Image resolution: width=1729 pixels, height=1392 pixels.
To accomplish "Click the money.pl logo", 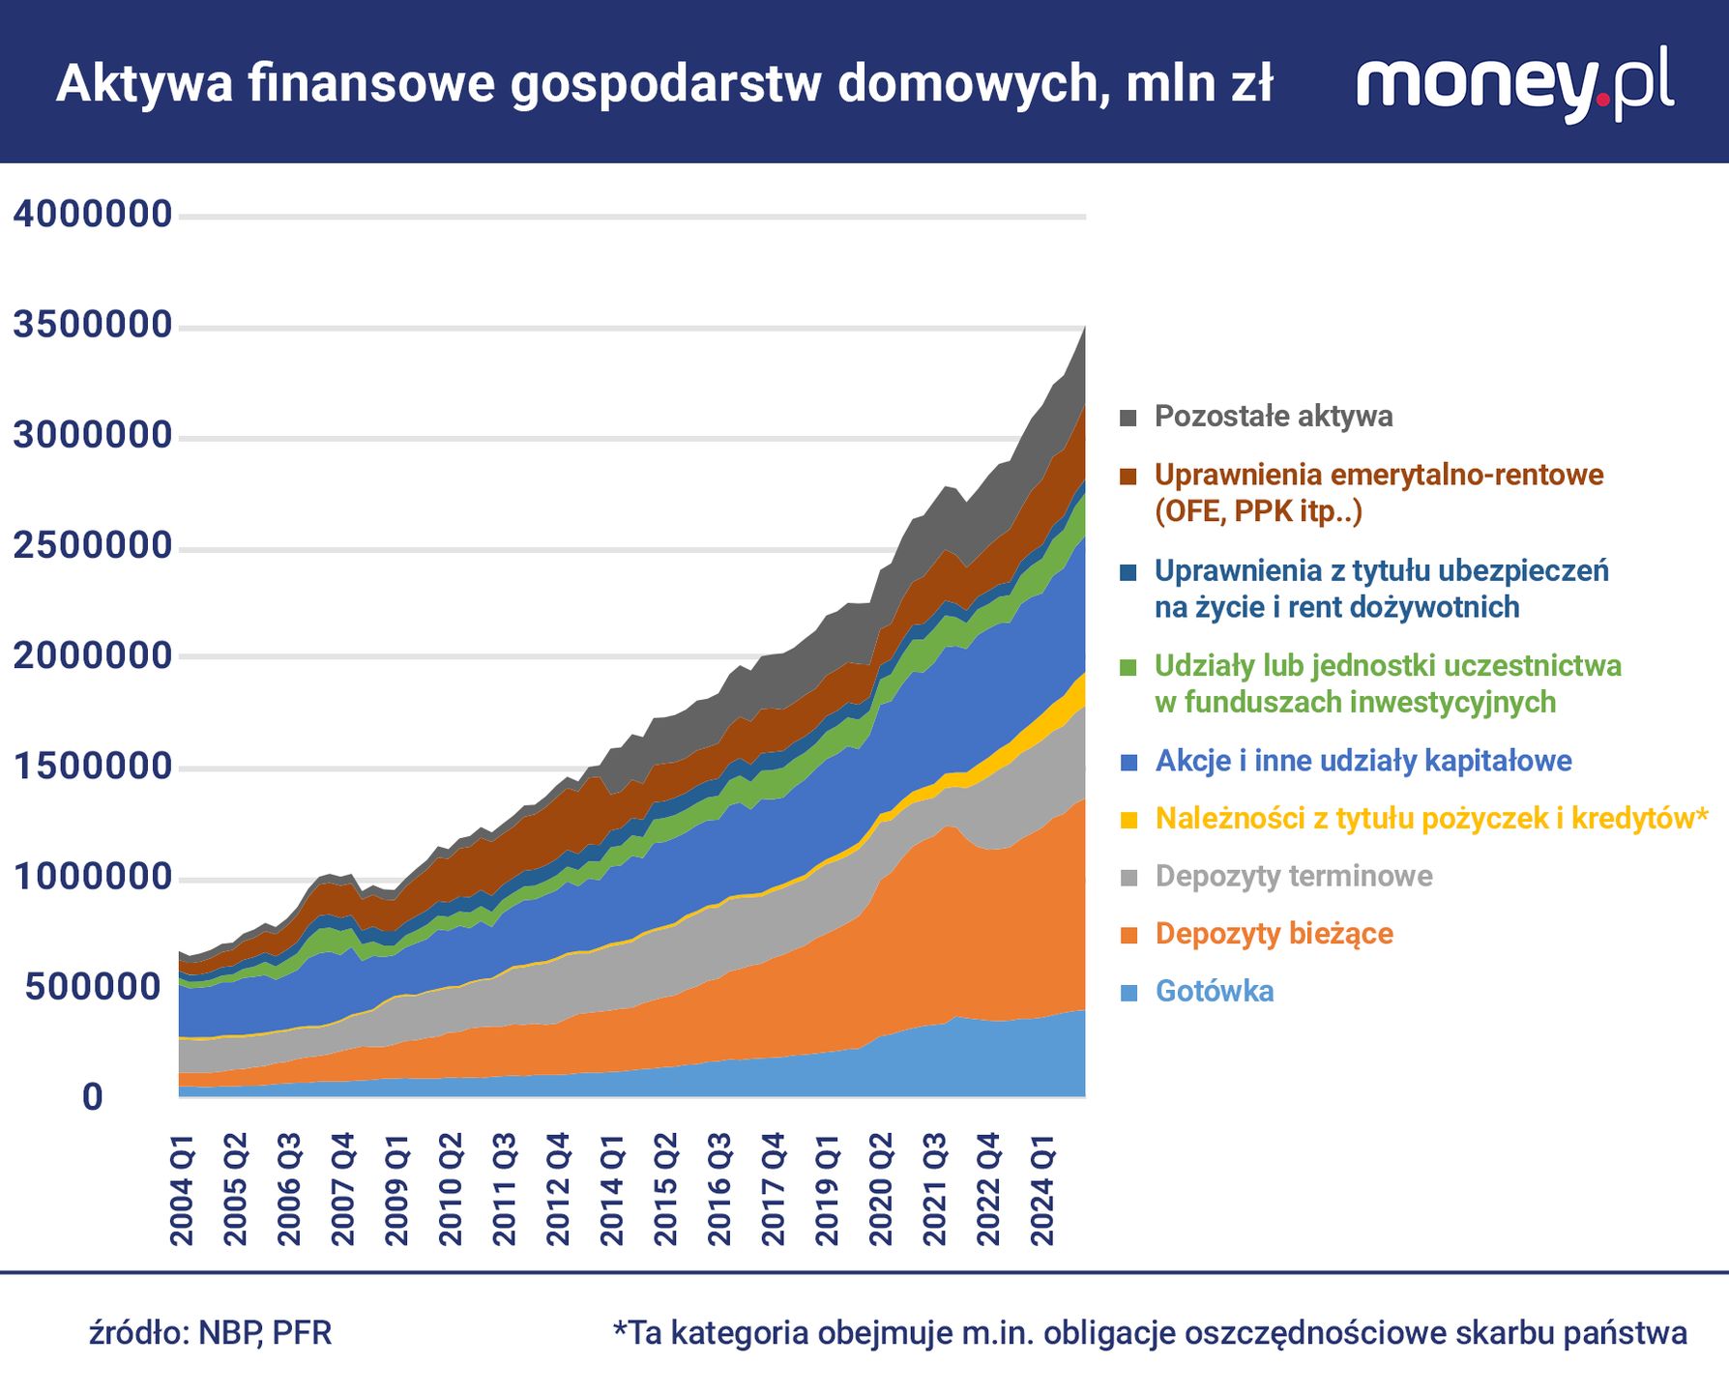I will [1514, 83].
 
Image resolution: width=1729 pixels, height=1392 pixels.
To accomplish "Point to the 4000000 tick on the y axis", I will [93, 214].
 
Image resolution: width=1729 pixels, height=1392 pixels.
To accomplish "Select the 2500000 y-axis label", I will [93, 546].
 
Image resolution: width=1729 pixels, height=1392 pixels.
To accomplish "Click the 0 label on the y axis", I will [93, 1097].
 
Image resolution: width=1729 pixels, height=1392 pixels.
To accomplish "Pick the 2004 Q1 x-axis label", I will [183, 1191].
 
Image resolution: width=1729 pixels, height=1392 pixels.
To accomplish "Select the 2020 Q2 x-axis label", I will [882, 1191].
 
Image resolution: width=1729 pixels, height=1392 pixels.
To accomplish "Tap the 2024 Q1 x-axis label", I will [1042, 1191].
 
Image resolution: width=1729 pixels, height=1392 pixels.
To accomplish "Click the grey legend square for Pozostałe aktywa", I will [1128, 418].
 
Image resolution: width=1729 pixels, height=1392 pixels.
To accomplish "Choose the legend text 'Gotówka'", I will [1215, 991].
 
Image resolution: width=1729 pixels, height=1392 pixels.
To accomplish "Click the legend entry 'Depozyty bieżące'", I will [1275, 934].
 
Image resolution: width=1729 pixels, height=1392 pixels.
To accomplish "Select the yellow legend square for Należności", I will [1128, 820].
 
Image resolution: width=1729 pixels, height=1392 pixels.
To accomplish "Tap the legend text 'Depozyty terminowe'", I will [1294, 876].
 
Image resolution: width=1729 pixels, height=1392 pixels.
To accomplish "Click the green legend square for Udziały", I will [1128, 667].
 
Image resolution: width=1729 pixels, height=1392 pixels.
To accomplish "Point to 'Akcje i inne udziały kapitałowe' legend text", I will [1363, 761].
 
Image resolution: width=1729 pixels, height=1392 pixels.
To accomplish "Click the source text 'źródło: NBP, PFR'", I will [211, 1333].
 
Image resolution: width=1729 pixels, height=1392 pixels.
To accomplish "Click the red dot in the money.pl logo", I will [1604, 99].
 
